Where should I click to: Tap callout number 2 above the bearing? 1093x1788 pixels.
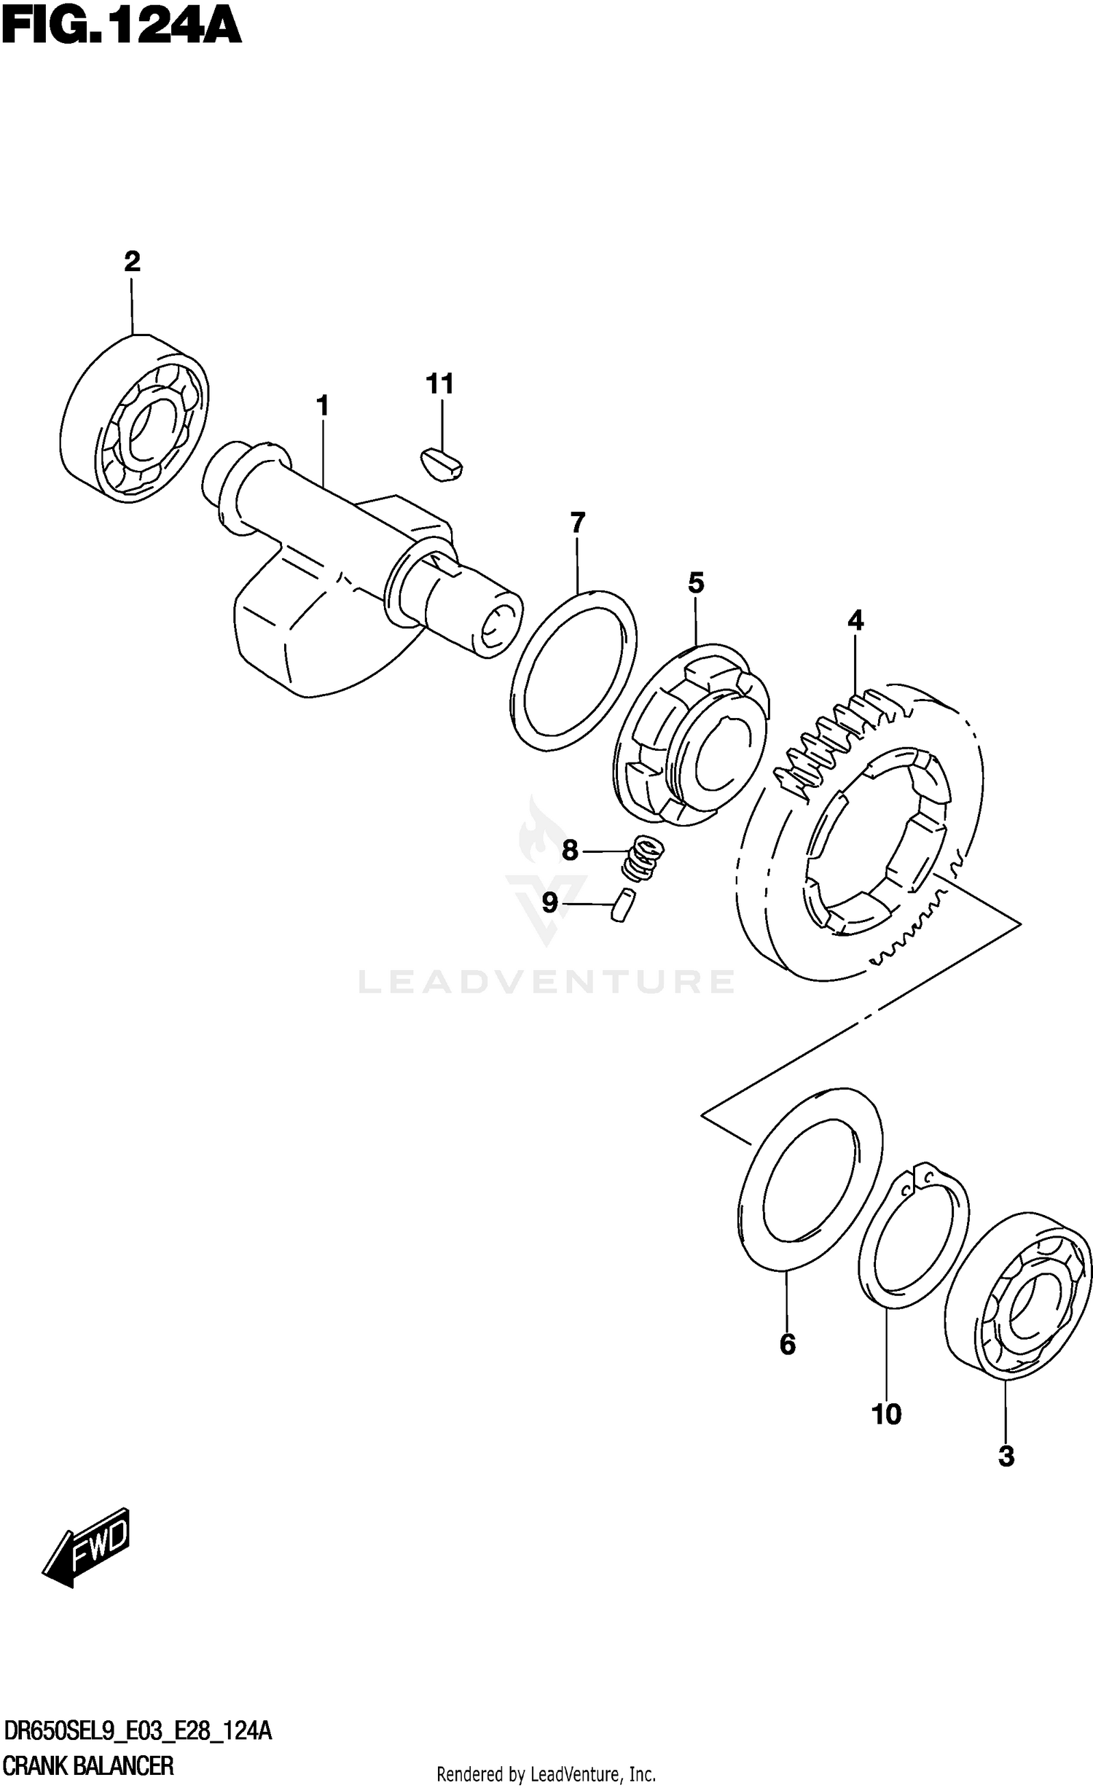[132, 261]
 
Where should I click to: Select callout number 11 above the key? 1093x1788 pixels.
[440, 383]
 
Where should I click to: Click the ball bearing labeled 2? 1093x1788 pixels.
[133, 418]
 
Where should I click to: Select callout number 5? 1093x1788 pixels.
[696, 583]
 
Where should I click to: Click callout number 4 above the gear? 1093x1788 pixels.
[855, 621]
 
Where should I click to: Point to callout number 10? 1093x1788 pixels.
[887, 1415]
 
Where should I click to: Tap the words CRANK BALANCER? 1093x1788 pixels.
[89, 1761]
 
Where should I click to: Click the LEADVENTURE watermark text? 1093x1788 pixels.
[546, 982]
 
